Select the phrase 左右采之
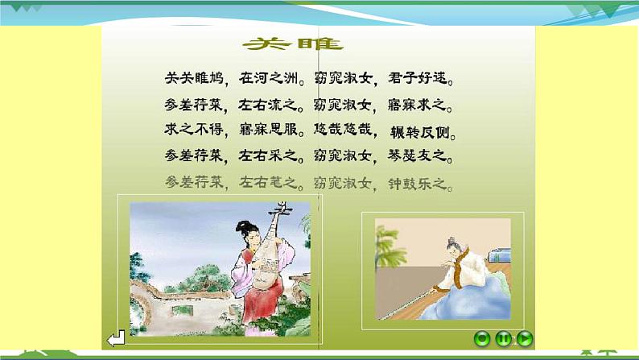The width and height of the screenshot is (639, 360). click(266, 156)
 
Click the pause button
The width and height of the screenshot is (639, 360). click(503, 339)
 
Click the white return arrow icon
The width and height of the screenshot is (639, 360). click(117, 339)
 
